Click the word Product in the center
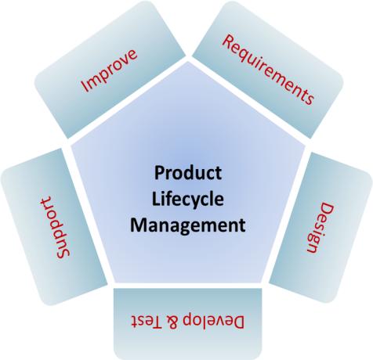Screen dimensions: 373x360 pyautogui.click(x=188, y=173)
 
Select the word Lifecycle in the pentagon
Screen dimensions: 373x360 pyautogui.click(x=188, y=200)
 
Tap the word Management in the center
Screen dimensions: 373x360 pyautogui.click(x=188, y=225)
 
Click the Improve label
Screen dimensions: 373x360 pyautogui.click(x=109, y=70)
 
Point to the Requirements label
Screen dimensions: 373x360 pyautogui.click(x=268, y=70)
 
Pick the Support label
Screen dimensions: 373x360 pyautogui.click(x=54, y=228)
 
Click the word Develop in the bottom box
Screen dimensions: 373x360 pyautogui.click(x=213, y=321)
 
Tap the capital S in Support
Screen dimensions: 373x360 pyautogui.click(x=63, y=252)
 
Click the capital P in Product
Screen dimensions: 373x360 pyautogui.click(x=159, y=173)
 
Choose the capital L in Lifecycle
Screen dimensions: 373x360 pyautogui.click(x=156, y=199)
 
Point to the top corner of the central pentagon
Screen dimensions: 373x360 pyautogui.click(x=188, y=62)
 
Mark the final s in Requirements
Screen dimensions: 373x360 pyautogui.click(x=310, y=99)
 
